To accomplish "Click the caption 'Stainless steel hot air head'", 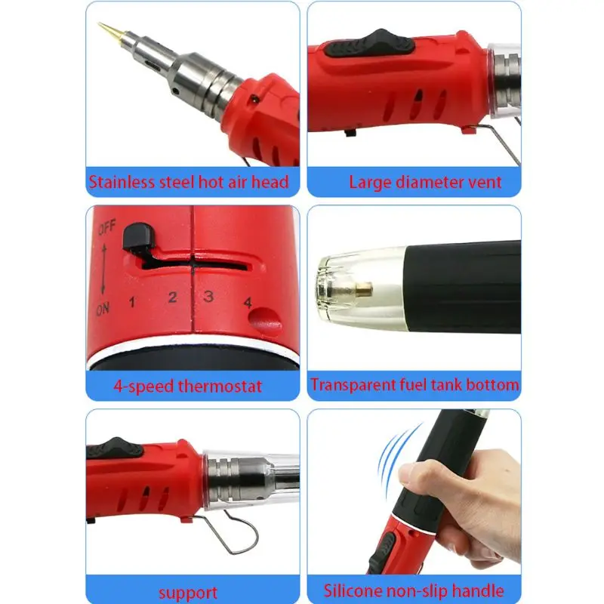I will (189, 182).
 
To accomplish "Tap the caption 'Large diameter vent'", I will (425, 182).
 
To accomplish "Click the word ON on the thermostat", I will (103, 310).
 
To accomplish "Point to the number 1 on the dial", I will (132, 304).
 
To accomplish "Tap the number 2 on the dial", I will (172, 297).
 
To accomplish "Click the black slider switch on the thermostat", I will (137, 239).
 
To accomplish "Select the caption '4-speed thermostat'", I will (188, 386).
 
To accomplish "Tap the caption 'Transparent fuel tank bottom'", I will (414, 384).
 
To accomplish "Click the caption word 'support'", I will (188, 592).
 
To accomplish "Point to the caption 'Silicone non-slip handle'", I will (414, 590).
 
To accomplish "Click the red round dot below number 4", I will (263, 320).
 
